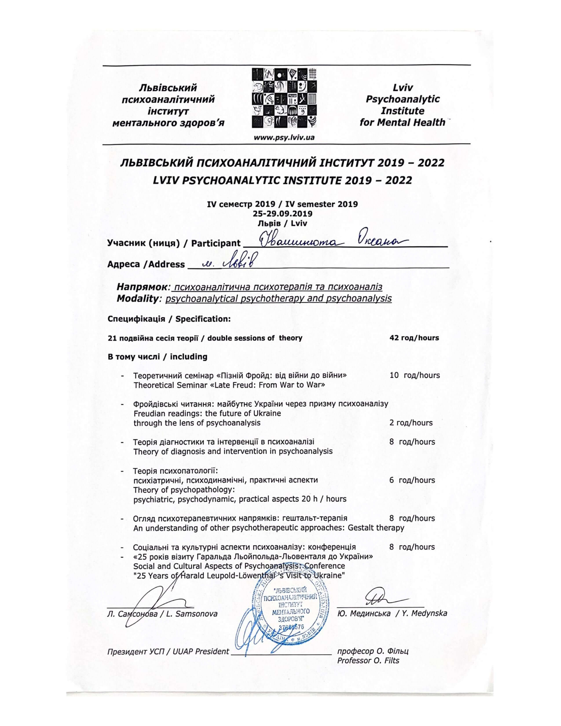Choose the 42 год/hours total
[x=414, y=338]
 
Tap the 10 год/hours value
[x=414, y=375]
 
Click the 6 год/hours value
[x=412, y=480]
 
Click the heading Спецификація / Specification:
[x=169, y=319]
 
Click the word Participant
[x=216, y=243]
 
